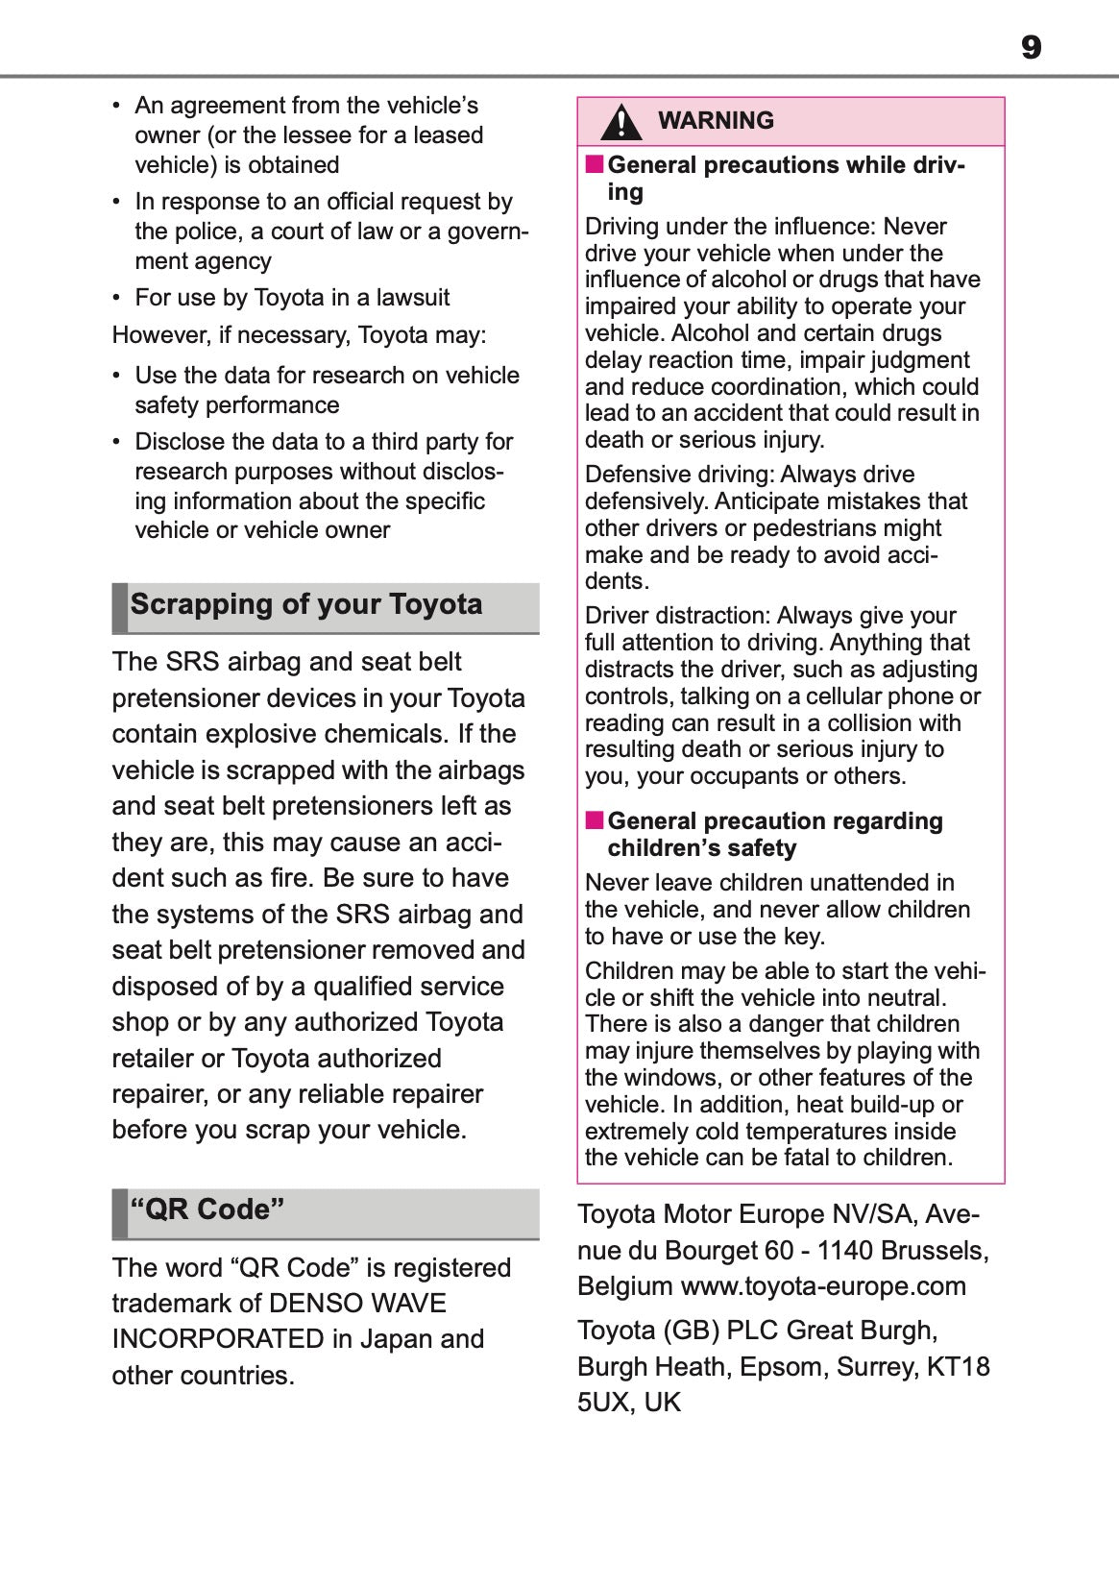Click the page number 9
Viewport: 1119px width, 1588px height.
click(x=1031, y=47)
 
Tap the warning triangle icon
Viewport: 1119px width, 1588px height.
click(x=621, y=122)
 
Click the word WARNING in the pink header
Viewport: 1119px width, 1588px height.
click(x=716, y=120)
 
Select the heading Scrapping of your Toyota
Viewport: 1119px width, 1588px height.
click(x=306, y=604)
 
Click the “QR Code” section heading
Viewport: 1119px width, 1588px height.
click(x=207, y=1209)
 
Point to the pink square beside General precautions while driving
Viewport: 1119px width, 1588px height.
click(x=595, y=164)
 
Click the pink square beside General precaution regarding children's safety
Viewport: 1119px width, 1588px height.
click(x=595, y=820)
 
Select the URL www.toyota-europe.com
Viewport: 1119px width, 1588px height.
click(x=823, y=1286)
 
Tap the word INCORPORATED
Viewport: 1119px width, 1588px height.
click(x=218, y=1339)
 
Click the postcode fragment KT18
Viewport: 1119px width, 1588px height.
click(x=958, y=1367)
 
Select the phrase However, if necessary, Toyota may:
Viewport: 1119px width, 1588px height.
click(x=299, y=335)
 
